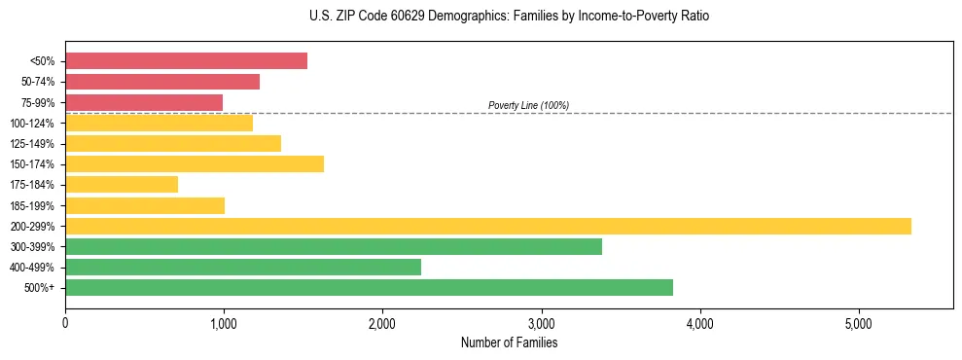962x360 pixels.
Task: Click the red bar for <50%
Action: (186, 61)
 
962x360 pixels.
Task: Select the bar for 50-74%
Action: (162, 82)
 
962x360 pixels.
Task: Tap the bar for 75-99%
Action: (144, 102)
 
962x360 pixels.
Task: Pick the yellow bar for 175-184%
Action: (122, 184)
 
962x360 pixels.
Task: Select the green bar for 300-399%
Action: (334, 246)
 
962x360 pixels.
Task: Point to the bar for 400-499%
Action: (243, 267)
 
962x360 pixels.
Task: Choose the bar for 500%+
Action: (369, 287)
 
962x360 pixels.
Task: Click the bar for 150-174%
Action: (195, 163)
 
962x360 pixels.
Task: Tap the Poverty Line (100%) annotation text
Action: (528, 105)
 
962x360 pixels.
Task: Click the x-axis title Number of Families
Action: (509, 342)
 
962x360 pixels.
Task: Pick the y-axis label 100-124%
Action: (32, 124)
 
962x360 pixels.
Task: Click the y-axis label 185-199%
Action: (32, 205)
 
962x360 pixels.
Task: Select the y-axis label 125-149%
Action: (32, 144)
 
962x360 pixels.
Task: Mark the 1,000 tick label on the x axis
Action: (224, 322)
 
